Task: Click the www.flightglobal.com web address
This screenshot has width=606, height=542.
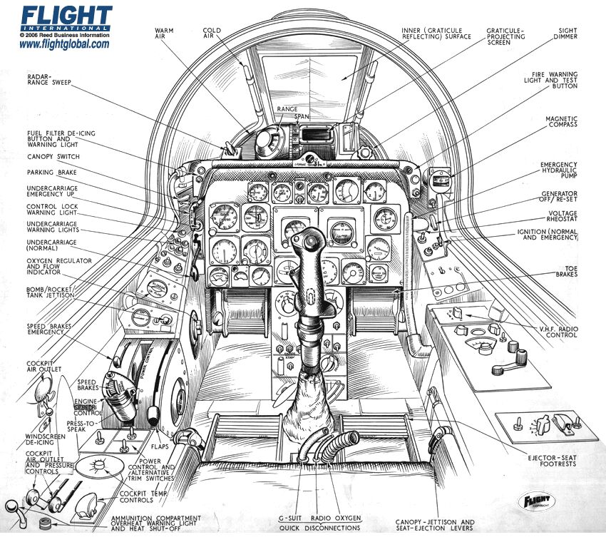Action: (x=64, y=44)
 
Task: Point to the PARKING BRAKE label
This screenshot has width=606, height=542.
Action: (x=52, y=173)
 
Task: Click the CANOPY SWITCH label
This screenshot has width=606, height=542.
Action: (x=53, y=157)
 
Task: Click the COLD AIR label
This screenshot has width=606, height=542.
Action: (x=213, y=36)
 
